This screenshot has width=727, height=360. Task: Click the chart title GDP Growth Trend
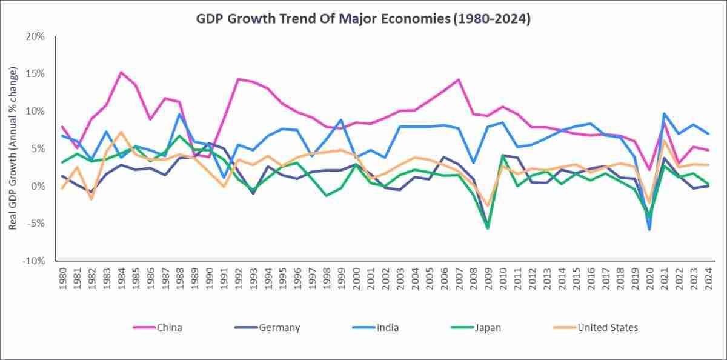point(363,19)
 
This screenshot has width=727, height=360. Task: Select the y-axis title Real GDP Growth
point(13,148)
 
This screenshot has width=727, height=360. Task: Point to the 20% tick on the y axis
point(35,36)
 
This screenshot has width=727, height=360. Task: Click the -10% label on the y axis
point(34,261)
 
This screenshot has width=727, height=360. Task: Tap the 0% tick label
point(38,186)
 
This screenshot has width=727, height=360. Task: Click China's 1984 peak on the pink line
point(121,72)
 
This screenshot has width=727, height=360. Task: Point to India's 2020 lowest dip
point(649,230)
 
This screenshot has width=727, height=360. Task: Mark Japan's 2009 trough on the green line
point(488,228)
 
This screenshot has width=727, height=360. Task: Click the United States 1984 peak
point(121,132)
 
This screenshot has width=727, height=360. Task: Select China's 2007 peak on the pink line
point(459,79)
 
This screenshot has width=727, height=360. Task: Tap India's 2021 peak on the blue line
point(664,113)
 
